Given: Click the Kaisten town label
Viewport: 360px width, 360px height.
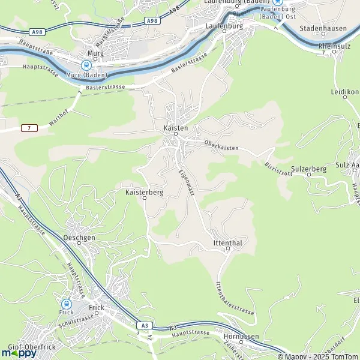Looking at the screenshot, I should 176,128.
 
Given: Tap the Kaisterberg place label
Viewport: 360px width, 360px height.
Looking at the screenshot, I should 145,193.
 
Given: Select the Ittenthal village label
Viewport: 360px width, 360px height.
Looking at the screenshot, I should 227,242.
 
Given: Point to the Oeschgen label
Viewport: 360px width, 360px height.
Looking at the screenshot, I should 79,238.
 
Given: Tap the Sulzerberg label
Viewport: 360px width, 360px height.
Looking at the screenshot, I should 308,169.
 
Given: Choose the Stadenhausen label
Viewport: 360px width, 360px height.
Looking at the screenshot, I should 319,28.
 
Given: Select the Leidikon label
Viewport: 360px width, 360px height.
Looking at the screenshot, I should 344,92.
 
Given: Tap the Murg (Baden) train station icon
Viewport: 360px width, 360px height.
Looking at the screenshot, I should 88,65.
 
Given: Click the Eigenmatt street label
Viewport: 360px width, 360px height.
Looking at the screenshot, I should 187,179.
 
